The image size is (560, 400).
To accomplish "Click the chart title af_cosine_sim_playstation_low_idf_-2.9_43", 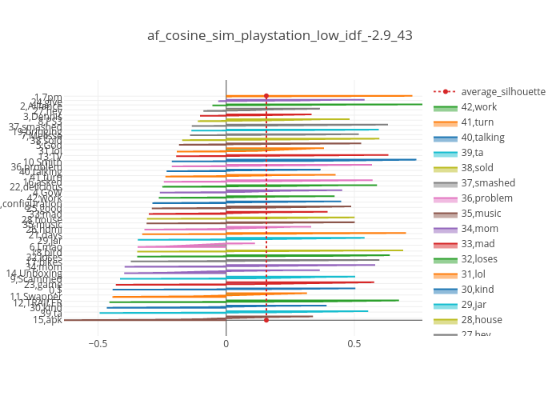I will [x=280, y=35].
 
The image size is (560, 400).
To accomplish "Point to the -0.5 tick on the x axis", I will [x=98, y=343].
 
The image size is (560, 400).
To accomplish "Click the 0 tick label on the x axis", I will [x=226, y=343].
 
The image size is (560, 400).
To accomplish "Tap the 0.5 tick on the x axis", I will [x=354, y=343].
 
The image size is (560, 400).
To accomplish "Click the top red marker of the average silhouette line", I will [x=266, y=96].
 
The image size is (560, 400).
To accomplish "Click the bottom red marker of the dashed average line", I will [x=266, y=320].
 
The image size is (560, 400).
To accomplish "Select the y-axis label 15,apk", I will [x=48, y=320].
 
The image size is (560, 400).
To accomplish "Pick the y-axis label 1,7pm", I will [x=48, y=97].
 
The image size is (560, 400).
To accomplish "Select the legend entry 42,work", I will [x=479, y=107].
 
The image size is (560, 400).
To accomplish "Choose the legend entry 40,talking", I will [x=482, y=138].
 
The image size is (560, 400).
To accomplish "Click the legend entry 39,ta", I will [x=472, y=153].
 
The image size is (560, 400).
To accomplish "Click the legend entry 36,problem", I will [x=486, y=198].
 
